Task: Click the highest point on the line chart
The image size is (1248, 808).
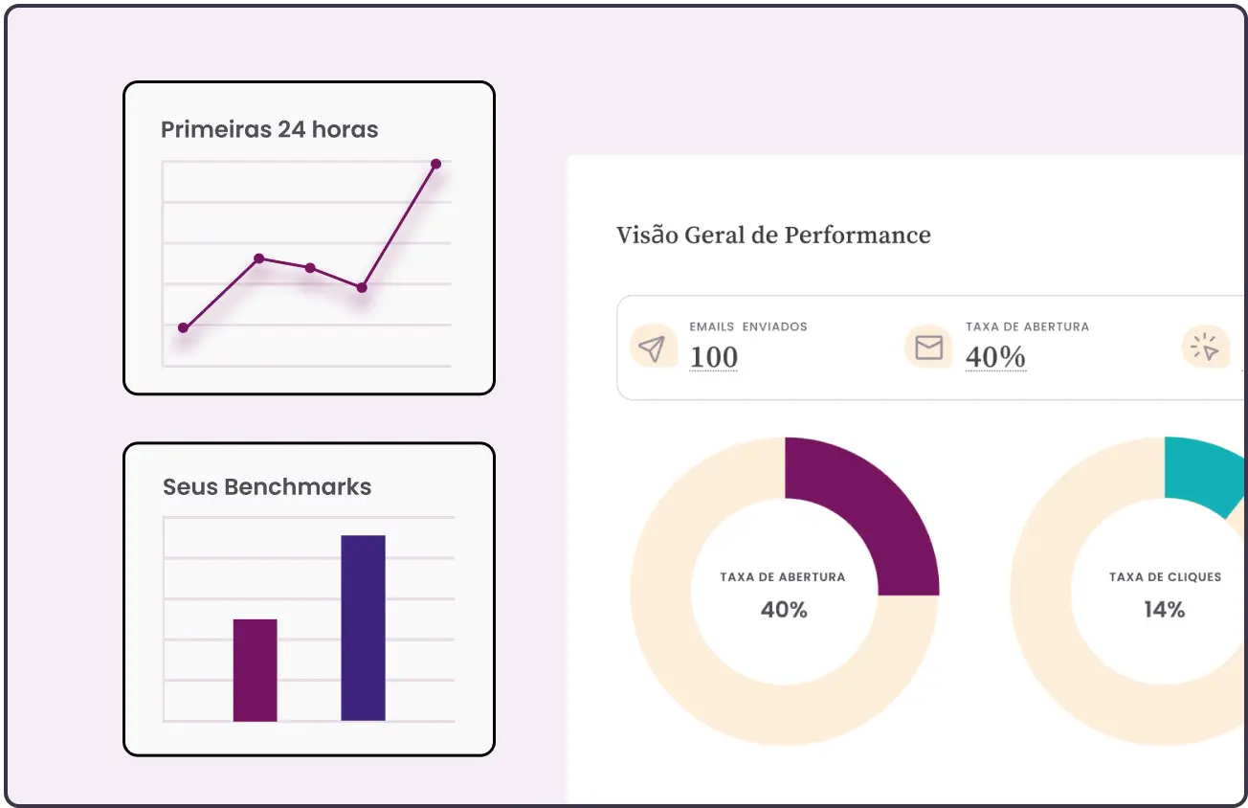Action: click(x=435, y=164)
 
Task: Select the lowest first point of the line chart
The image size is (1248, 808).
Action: click(x=183, y=327)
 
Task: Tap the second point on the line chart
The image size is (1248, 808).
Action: click(x=258, y=258)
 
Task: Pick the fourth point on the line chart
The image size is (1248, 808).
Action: click(x=362, y=287)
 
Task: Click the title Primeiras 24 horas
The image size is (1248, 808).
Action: click(x=269, y=129)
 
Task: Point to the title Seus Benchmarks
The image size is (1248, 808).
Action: click(x=267, y=486)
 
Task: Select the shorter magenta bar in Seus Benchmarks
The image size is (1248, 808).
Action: click(x=255, y=670)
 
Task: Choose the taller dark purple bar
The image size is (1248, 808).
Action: click(x=363, y=628)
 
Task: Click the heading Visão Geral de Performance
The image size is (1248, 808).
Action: click(x=773, y=235)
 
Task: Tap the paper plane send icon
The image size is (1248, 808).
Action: click(x=652, y=348)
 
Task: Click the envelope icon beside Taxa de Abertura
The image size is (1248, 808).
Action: click(x=928, y=347)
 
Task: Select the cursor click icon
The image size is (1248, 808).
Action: click(x=1205, y=348)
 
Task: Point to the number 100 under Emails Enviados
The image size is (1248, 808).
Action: click(x=714, y=357)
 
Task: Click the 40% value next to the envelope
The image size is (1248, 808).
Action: click(x=995, y=357)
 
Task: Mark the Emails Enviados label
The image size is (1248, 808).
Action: click(x=747, y=326)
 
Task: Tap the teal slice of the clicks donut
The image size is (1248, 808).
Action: click(x=1203, y=473)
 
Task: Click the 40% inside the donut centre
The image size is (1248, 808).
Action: click(x=784, y=609)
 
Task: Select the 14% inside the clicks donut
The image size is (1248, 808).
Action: click(x=1164, y=609)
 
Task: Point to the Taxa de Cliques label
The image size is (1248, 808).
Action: click(x=1165, y=577)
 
